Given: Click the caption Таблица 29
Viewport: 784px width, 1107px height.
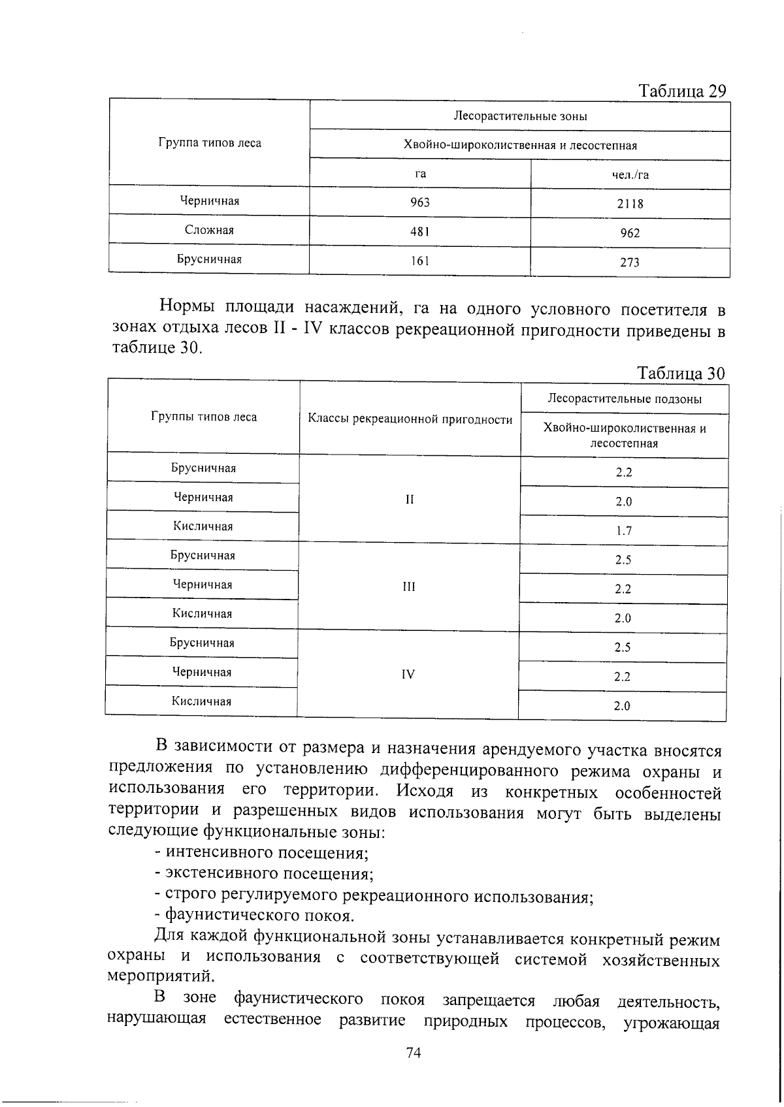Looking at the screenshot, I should click(681, 91).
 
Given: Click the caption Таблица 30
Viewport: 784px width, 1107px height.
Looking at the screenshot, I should click(681, 373).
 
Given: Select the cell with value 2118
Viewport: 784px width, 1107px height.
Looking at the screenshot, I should click(630, 204).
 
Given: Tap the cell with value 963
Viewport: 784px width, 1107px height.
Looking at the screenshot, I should click(420, 202).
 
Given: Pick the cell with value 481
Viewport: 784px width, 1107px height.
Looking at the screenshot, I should click(420, 231).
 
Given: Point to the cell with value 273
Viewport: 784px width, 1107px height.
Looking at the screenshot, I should click(630, 263).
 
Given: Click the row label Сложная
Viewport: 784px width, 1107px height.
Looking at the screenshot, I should click(209, 230).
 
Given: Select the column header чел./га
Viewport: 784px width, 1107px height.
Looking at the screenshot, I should click(630, 174).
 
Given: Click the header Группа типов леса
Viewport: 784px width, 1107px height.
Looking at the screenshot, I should click(210, 143).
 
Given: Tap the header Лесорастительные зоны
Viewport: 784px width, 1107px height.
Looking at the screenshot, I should click(520, 116).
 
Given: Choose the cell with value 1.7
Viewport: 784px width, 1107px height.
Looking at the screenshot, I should click(624, 531).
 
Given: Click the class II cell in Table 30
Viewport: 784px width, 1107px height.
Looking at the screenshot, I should click(410, 500).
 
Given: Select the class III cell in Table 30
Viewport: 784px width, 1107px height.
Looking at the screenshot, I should click(409, 586).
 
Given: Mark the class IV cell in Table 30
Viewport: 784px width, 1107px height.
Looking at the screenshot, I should click(408, 674).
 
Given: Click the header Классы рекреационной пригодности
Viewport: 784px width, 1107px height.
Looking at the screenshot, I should click(410, 419).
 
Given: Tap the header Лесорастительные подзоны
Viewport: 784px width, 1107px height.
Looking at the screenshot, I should click(625, 399).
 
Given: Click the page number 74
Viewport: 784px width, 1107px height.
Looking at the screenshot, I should click(414, 1053).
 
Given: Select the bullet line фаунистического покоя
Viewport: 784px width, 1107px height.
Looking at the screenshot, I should click(255, 915).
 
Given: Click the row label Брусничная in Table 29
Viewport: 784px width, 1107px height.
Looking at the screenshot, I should click(209, 259).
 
